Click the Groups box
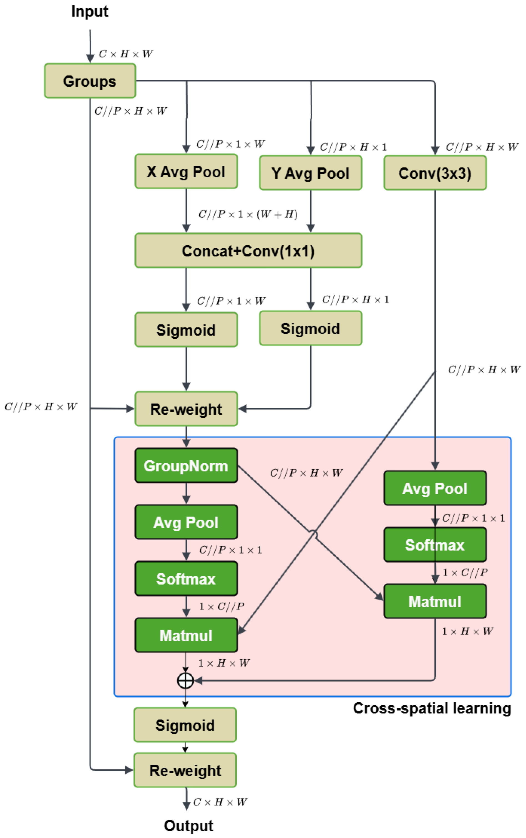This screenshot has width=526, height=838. [x=90, y=81]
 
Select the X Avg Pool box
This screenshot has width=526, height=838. [x=186, y=172]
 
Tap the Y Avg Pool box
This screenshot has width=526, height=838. [x=310, y=173]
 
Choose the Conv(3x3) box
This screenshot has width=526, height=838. [x=435, y=173]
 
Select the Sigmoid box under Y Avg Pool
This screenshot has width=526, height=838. [x=310, y=328]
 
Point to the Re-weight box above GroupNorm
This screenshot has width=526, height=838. [x=186, y=409]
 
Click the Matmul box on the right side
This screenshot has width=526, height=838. [x=435, y=601]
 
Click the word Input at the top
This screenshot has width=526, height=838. [x=90, y=11]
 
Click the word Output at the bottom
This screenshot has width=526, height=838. [x=188, y=826]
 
